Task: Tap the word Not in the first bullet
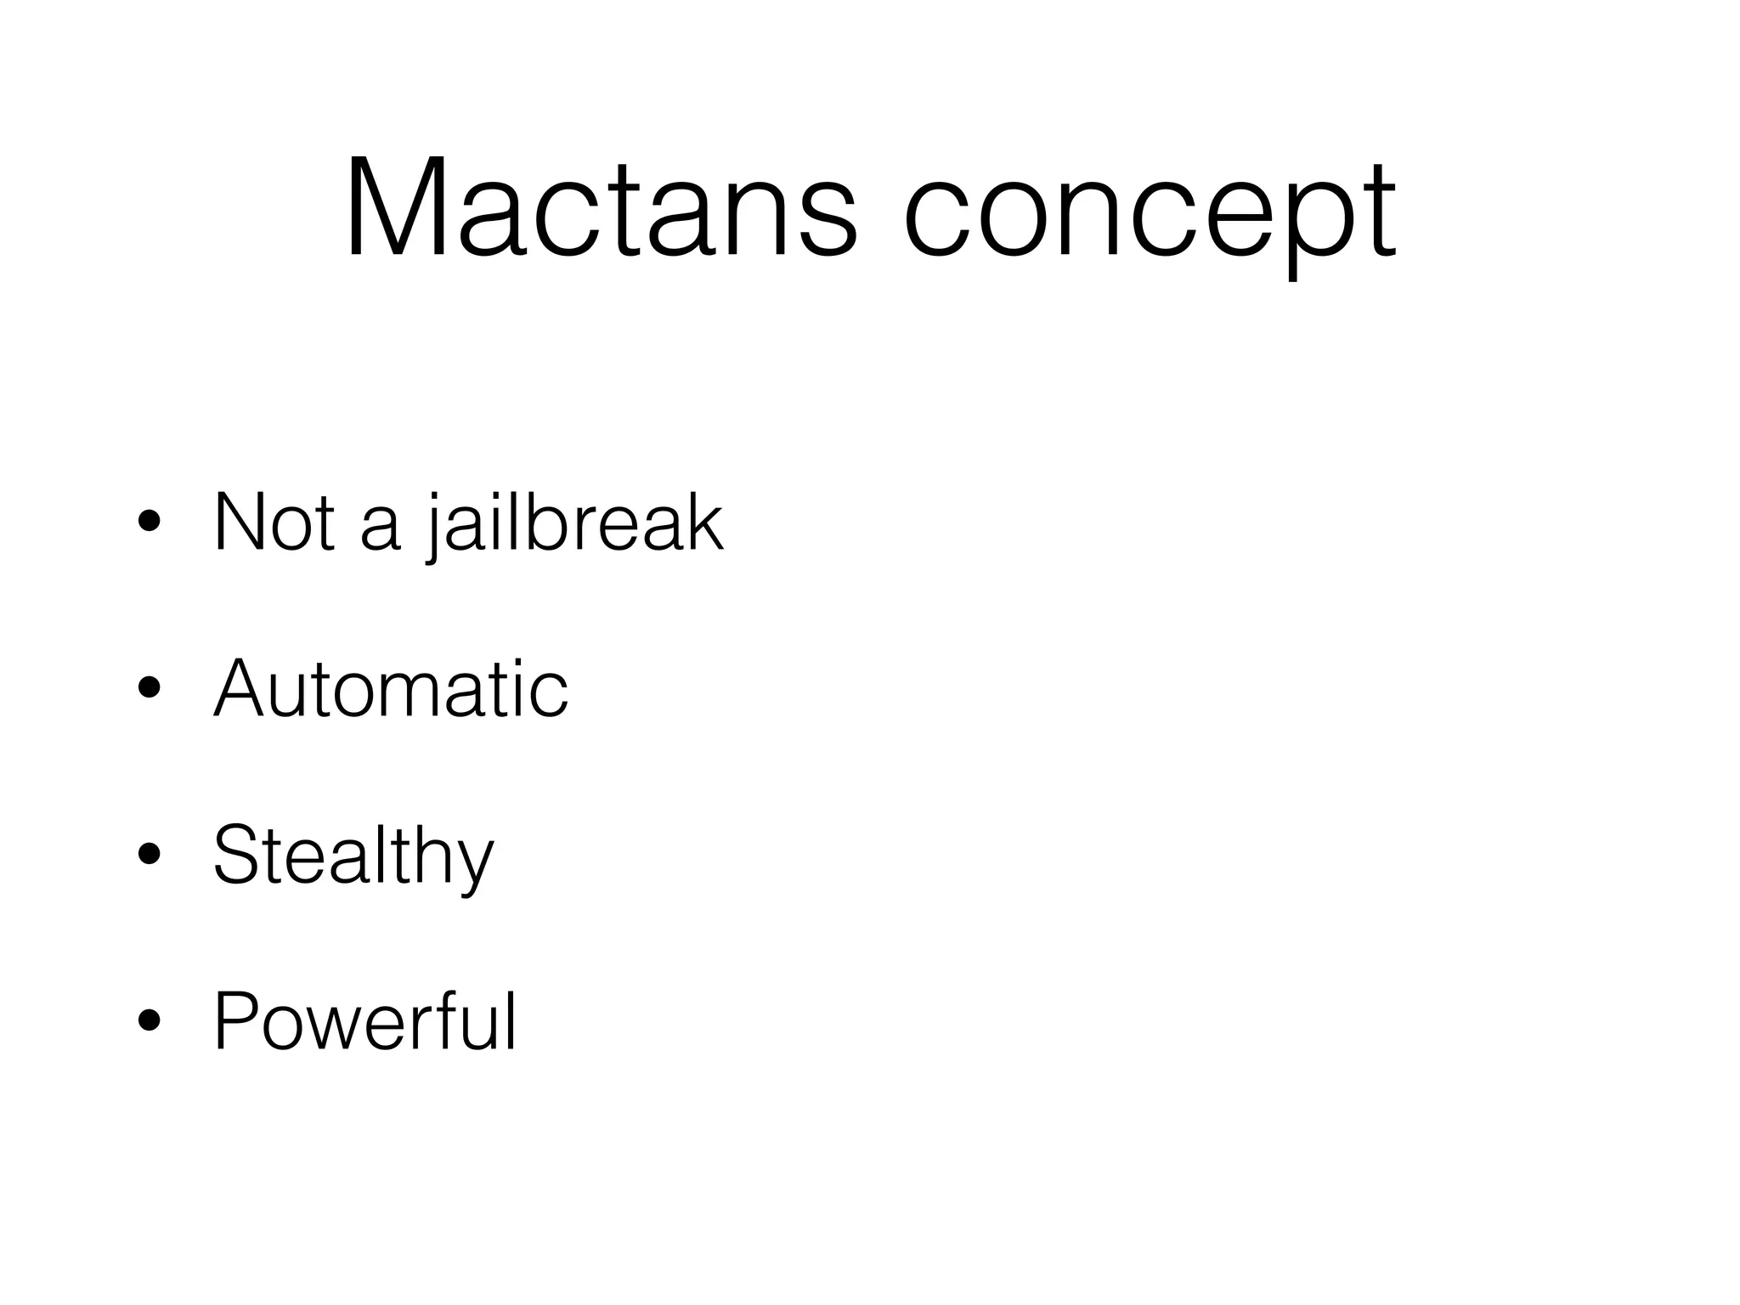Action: click(x=274, y=523)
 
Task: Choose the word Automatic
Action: click(x=391, y=688)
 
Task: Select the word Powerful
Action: click(x=364, y=1020)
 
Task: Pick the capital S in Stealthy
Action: click(x=239, y=854)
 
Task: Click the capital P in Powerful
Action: click(x=238, y=1020)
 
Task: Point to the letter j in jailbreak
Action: click(x=434, y=531)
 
